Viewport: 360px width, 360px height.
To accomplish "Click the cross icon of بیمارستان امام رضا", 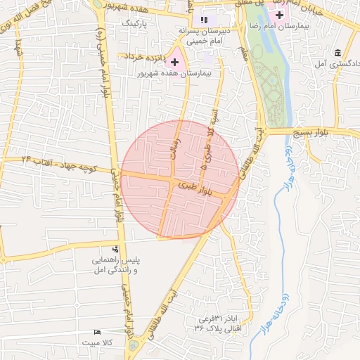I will [x=280, y=15].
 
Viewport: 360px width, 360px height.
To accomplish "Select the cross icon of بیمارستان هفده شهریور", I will [x=174, y=63].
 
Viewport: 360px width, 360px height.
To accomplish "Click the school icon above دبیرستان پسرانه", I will [x=204, y=20].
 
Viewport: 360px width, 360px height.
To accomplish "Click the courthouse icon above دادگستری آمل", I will [x=339, y=53].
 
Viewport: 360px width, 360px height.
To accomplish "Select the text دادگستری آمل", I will [x=337, y=65].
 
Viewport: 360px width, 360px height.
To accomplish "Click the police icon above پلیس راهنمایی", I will [x=115, y=249].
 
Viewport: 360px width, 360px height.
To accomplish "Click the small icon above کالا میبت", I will [x=97, y=332].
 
